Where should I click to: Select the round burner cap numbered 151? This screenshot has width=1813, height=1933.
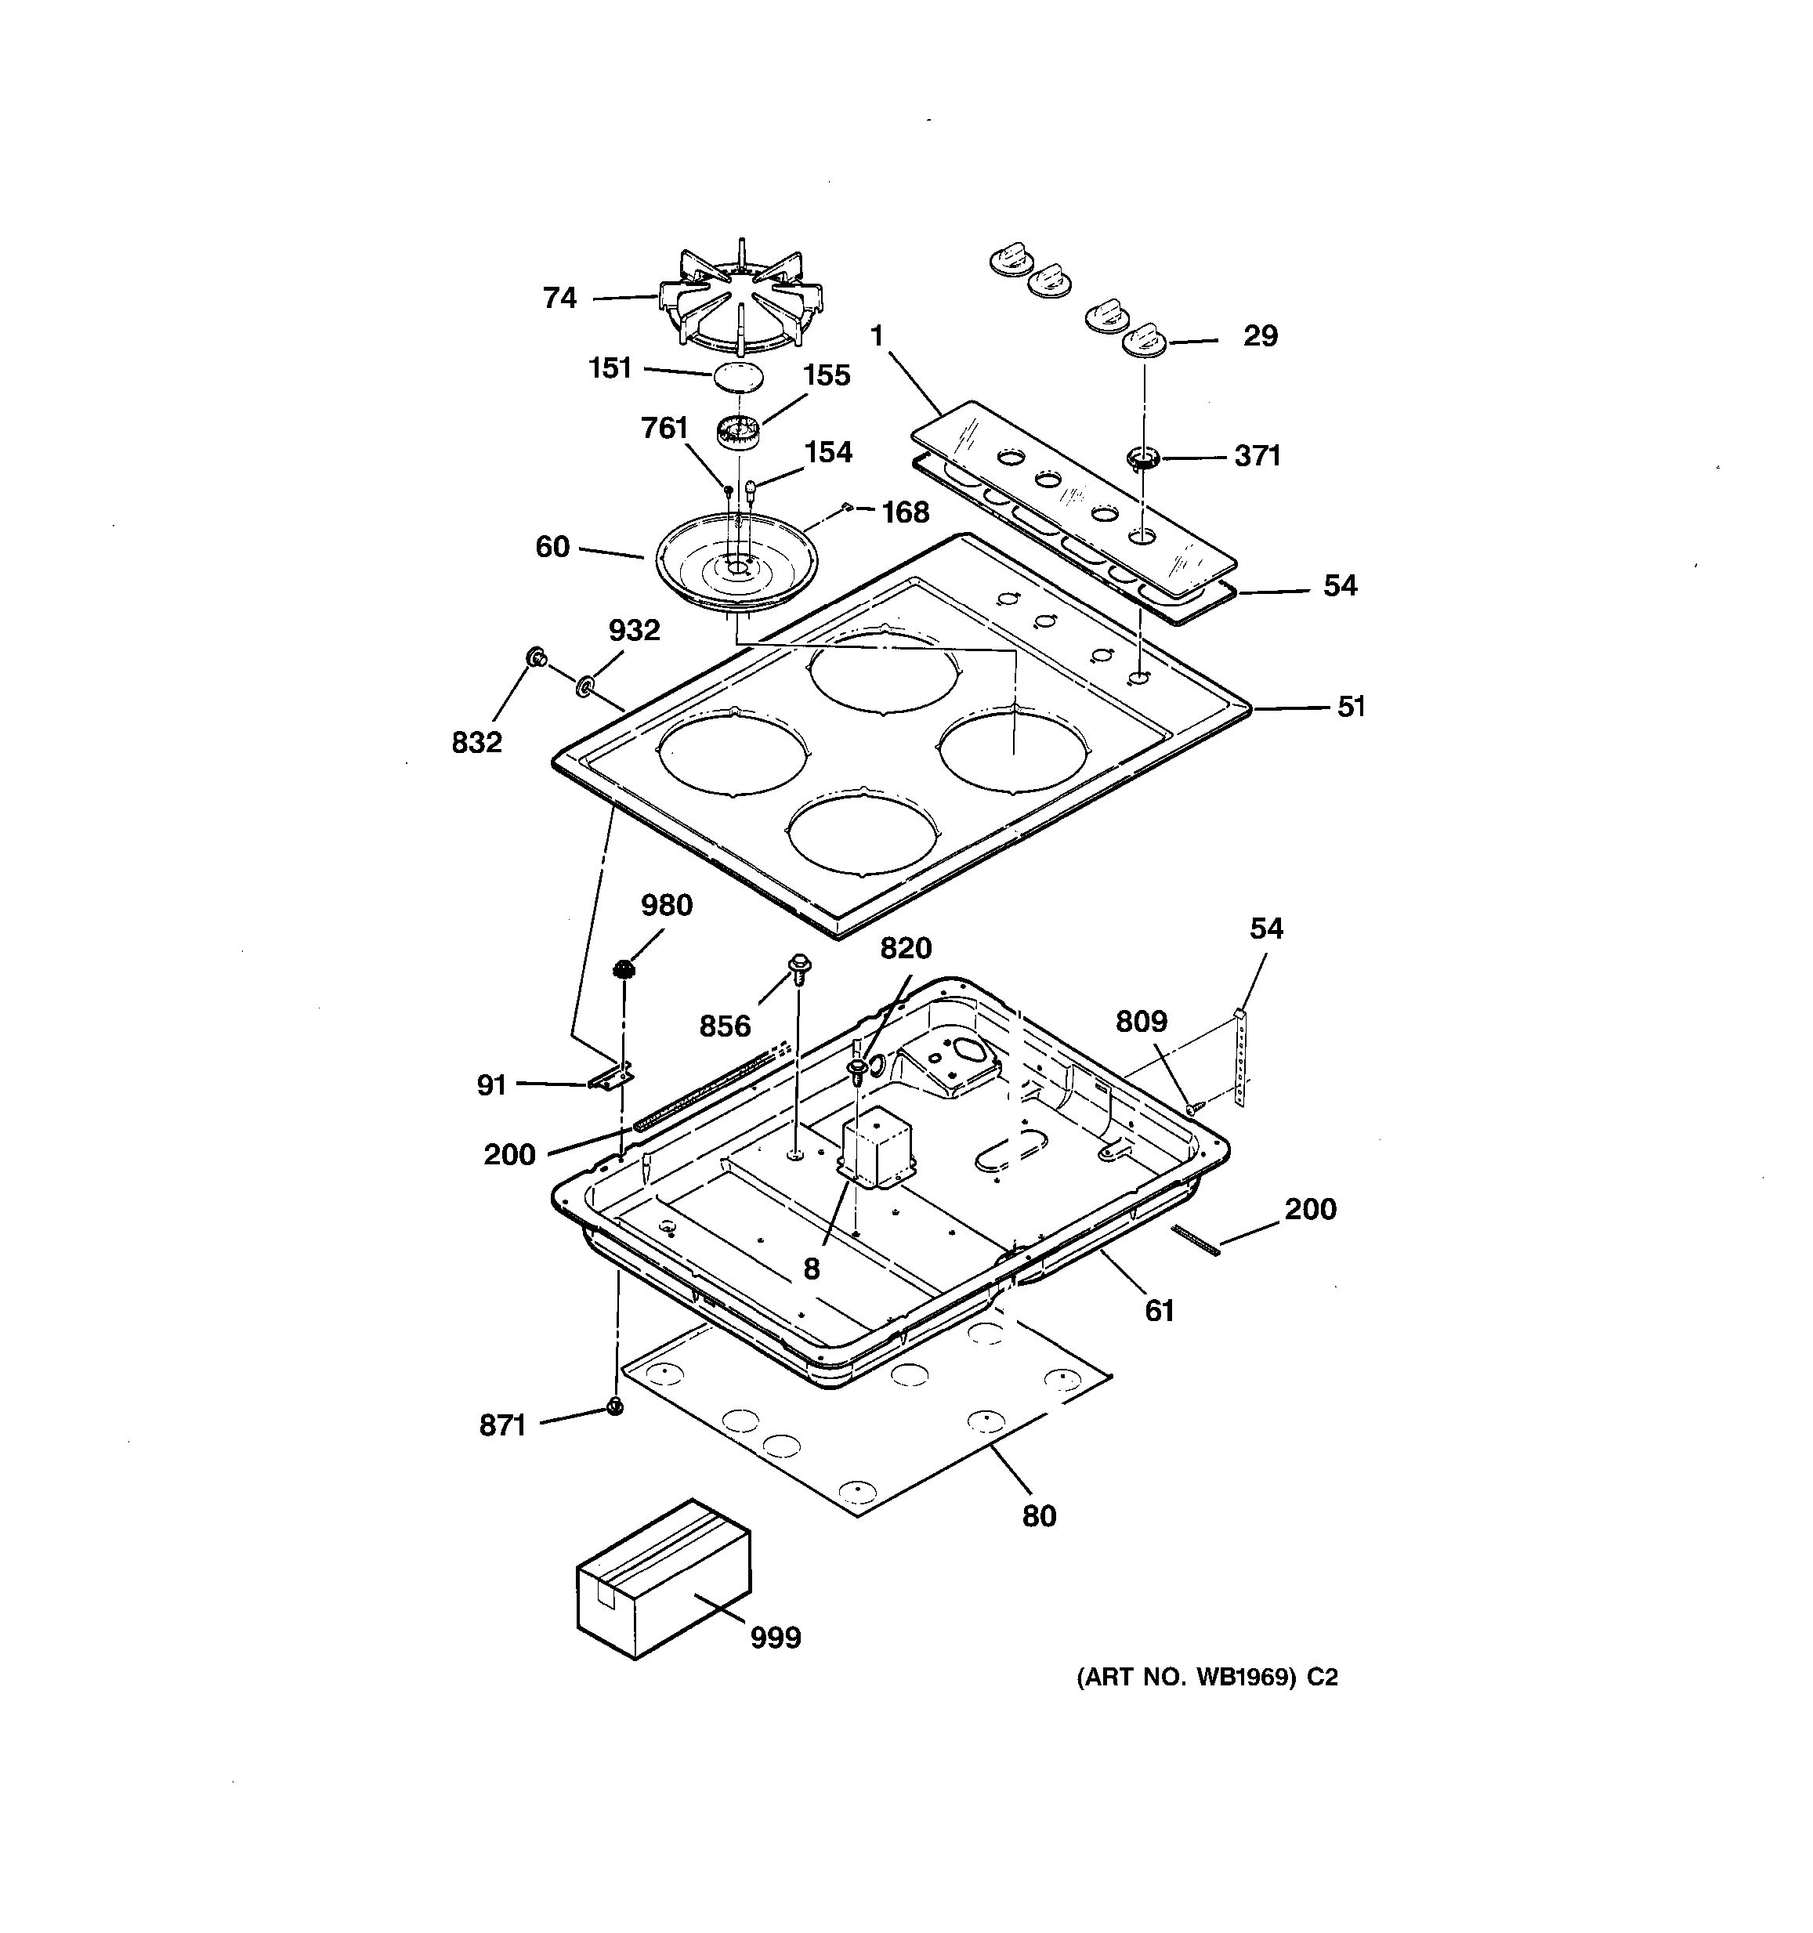click(x=739, y=377)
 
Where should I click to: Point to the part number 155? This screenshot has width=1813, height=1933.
click(x=827, y=375)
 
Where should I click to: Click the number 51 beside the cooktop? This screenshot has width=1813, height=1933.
click(x=1352, y=707)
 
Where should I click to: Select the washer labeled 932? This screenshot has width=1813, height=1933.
click(x=585, y=686)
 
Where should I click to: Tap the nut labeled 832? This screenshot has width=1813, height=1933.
click(x=534, y=658)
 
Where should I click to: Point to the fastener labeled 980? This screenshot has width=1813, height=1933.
click(x=623, y=969)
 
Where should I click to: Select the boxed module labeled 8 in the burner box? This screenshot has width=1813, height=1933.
click(x=877, y=1149)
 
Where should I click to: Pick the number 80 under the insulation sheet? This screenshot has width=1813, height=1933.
click(x=1038, y=1516)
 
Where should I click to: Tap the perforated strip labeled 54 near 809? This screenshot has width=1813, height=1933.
click(x=1239, y=1057)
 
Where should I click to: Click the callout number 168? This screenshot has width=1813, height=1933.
click(x=904, y=512)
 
